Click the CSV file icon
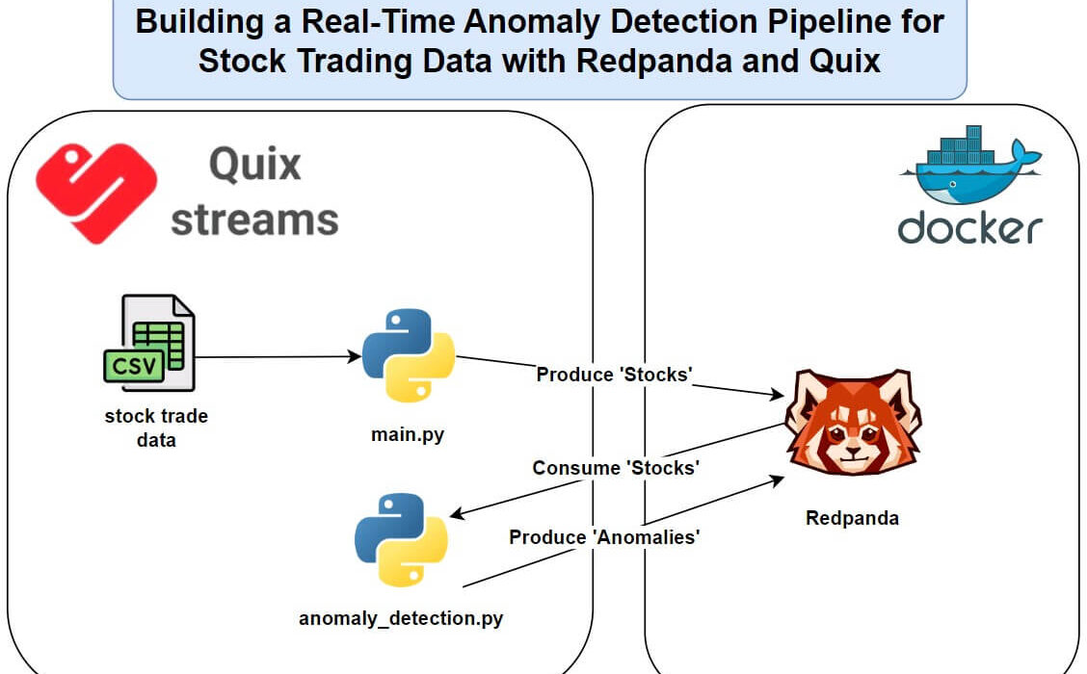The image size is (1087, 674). (x=149, y=343)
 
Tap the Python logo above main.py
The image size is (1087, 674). (x=409, y=355)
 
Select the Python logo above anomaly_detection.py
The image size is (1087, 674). (x=402, y=539)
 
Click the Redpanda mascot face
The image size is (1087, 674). (x=854, y=423)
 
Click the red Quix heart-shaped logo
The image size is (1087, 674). (x=96, y=194)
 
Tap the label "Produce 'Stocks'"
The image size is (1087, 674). (x=614, y=375)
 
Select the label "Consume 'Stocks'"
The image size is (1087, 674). (x=616, y=468)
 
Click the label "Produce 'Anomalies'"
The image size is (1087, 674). (x=604, y=537)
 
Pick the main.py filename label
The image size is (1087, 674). (x=408, y=435)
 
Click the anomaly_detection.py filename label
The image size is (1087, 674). (x=401, y=618)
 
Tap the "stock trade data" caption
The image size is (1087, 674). (x=156, y=428)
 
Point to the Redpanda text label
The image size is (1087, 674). (x=852, y=518)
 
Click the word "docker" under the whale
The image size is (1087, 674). (x=969, y=228)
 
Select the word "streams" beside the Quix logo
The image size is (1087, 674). (x=254, y=220)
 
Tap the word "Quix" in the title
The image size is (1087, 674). (x=844, y=61)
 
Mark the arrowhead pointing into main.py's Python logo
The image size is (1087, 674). (x=355, y=357)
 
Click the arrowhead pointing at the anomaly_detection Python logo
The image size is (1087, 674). (x=458, y=514)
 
